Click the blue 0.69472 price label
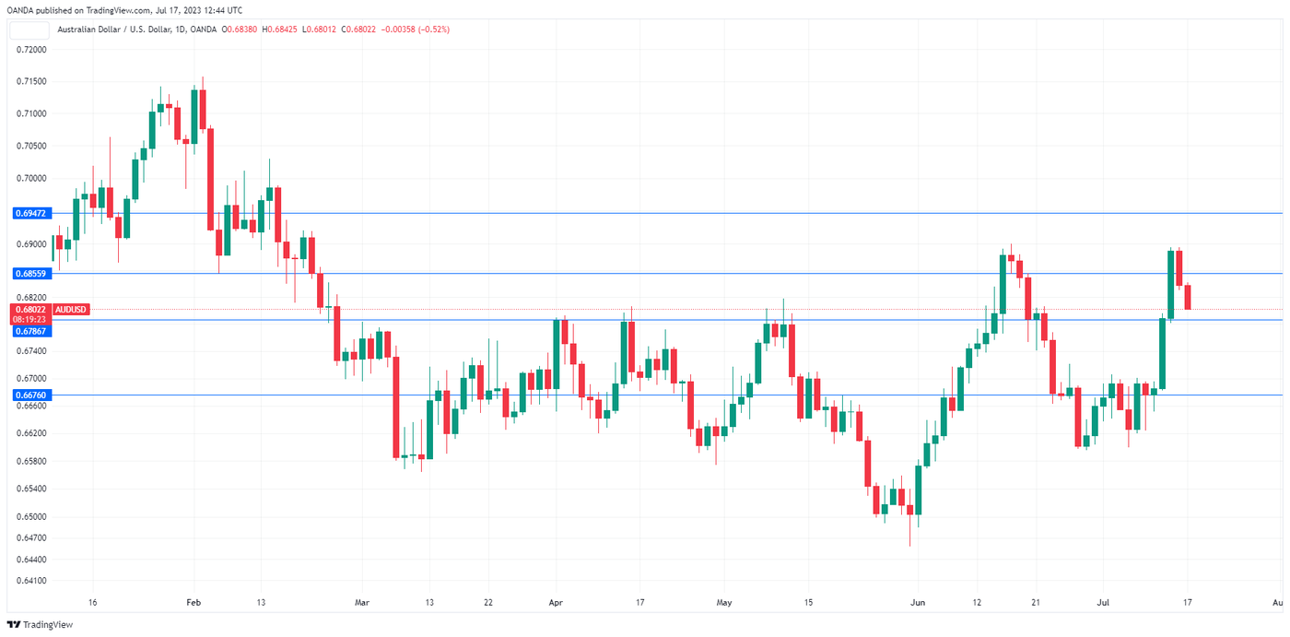30,213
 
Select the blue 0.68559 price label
30,274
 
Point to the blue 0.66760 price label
30,395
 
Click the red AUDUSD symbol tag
71,309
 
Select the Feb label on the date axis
193,602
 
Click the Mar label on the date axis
362,602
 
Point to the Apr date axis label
556,602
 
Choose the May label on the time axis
724,602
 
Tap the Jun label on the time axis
918,602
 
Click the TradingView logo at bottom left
42,624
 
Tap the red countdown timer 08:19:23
30,319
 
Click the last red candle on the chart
1188,297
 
